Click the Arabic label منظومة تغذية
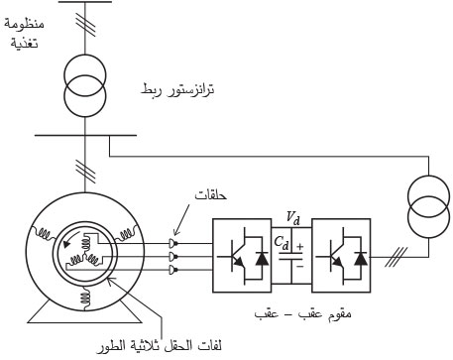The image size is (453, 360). [25, 34]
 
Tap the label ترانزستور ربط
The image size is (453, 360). [177, 90]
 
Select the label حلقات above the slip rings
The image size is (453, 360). [211, 195]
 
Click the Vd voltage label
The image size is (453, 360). [292, 217]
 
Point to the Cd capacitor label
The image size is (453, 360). [282, 242]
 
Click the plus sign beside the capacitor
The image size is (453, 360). [300, 247]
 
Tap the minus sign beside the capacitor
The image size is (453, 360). [300, 266]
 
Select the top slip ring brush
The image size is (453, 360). [173, 244]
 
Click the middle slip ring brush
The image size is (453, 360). [173, 256]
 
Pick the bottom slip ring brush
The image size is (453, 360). [173, 270]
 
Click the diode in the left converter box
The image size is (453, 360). [262, 259]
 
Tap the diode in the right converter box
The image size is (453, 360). [361, 259]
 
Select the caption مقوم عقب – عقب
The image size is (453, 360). [303, 313]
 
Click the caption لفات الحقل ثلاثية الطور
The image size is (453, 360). [159, 346]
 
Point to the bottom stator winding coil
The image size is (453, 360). [86, 298]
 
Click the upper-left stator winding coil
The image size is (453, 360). [44, 233]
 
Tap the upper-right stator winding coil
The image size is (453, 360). [125, 233]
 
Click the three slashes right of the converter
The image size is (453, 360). [396, 257]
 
